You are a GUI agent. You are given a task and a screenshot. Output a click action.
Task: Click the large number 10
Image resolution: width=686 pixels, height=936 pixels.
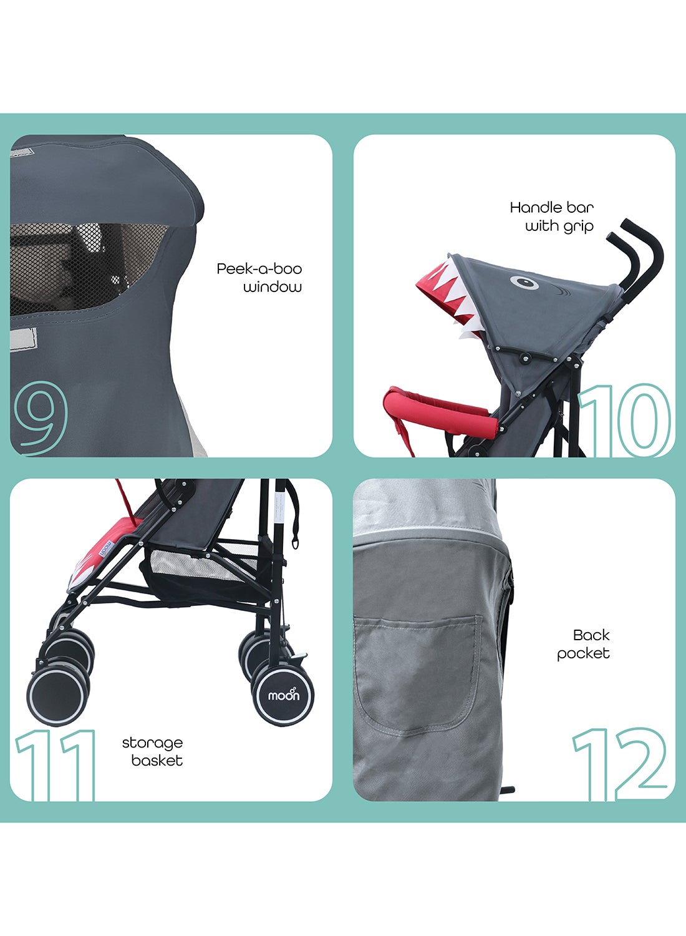click(x=625, y=419)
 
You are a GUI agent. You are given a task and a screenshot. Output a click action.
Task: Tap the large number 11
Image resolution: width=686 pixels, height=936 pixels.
click(x=56, y=764)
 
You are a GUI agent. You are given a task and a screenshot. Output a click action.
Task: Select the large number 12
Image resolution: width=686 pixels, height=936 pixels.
click(x=619, y=764)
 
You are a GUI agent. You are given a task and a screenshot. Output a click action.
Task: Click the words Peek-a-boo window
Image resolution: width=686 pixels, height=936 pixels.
click(x=259, y=278)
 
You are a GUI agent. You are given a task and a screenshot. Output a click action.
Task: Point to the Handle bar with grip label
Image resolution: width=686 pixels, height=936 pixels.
click(x=551, y=217)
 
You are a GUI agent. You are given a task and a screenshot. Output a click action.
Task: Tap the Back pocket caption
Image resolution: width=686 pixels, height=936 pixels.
click(x=583, y=644)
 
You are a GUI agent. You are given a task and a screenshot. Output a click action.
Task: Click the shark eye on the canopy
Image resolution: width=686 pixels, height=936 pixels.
click(x=524, y=283)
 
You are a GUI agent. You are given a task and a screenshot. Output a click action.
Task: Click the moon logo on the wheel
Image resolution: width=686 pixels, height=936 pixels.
click(x=284, y=695)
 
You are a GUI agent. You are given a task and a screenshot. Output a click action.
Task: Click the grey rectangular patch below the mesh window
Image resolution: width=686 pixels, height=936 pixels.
click(x=24, y=338)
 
